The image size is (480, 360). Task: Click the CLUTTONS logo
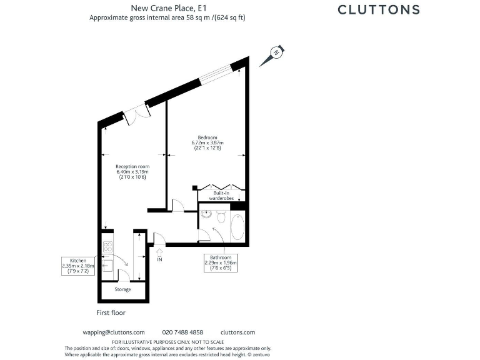coord(379,9)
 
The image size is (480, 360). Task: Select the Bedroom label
coord(207,137)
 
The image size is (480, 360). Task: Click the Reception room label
coord(132,166)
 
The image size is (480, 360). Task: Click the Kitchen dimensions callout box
coord(78,265)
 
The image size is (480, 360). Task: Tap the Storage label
coord(122,289)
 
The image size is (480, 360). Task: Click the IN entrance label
coord(160,259)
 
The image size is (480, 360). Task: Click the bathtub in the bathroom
coord(237,227)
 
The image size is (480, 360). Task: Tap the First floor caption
coord(114,312)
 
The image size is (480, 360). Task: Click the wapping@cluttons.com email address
coord(114,332)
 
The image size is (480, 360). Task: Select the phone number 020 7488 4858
coord(182,332)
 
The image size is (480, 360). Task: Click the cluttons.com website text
coord(238,332)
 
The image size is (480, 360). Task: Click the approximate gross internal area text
coord(167,17)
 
